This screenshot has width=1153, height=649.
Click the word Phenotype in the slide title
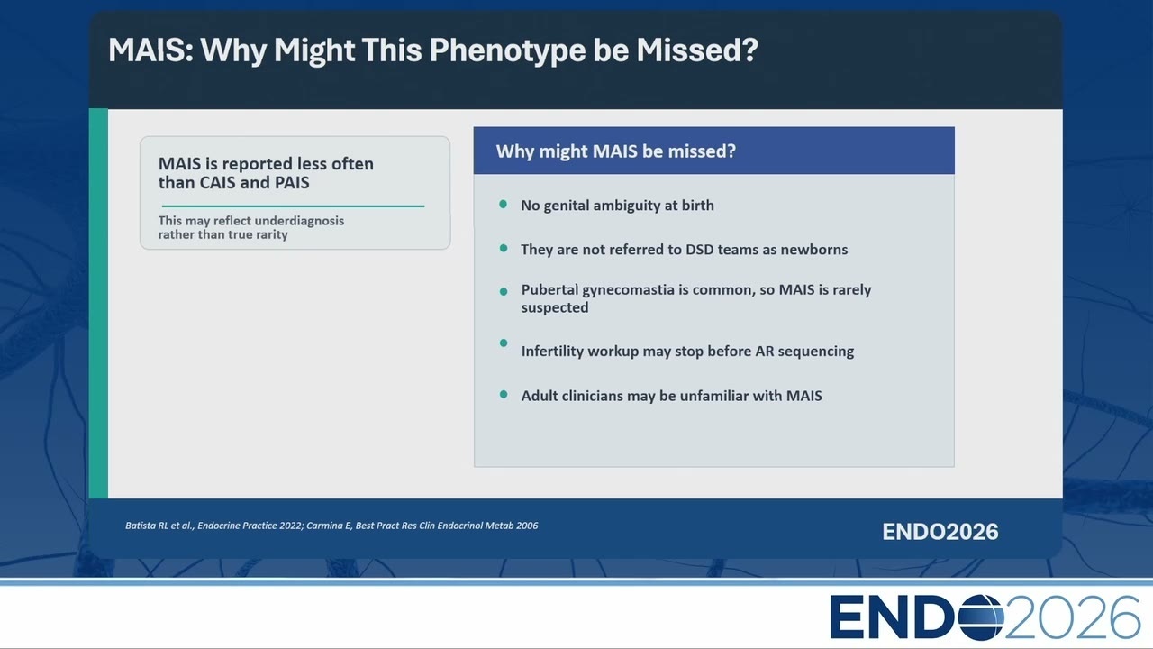point(507,51)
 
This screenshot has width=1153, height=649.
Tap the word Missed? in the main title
point(697,50)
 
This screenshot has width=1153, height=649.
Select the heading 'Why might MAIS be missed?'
point(615,151)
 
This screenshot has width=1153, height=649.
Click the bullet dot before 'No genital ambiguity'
point(504,205)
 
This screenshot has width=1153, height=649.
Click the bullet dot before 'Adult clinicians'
point(504,395)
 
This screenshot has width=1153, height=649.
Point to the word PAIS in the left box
point(293,182)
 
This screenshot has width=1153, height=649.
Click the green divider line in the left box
point(293,206)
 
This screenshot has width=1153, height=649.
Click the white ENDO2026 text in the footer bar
point(940,532)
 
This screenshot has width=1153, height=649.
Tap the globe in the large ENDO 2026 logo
point(981,617)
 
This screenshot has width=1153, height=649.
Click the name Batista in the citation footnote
point(140,526)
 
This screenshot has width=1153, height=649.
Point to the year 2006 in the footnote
point(527,526)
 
